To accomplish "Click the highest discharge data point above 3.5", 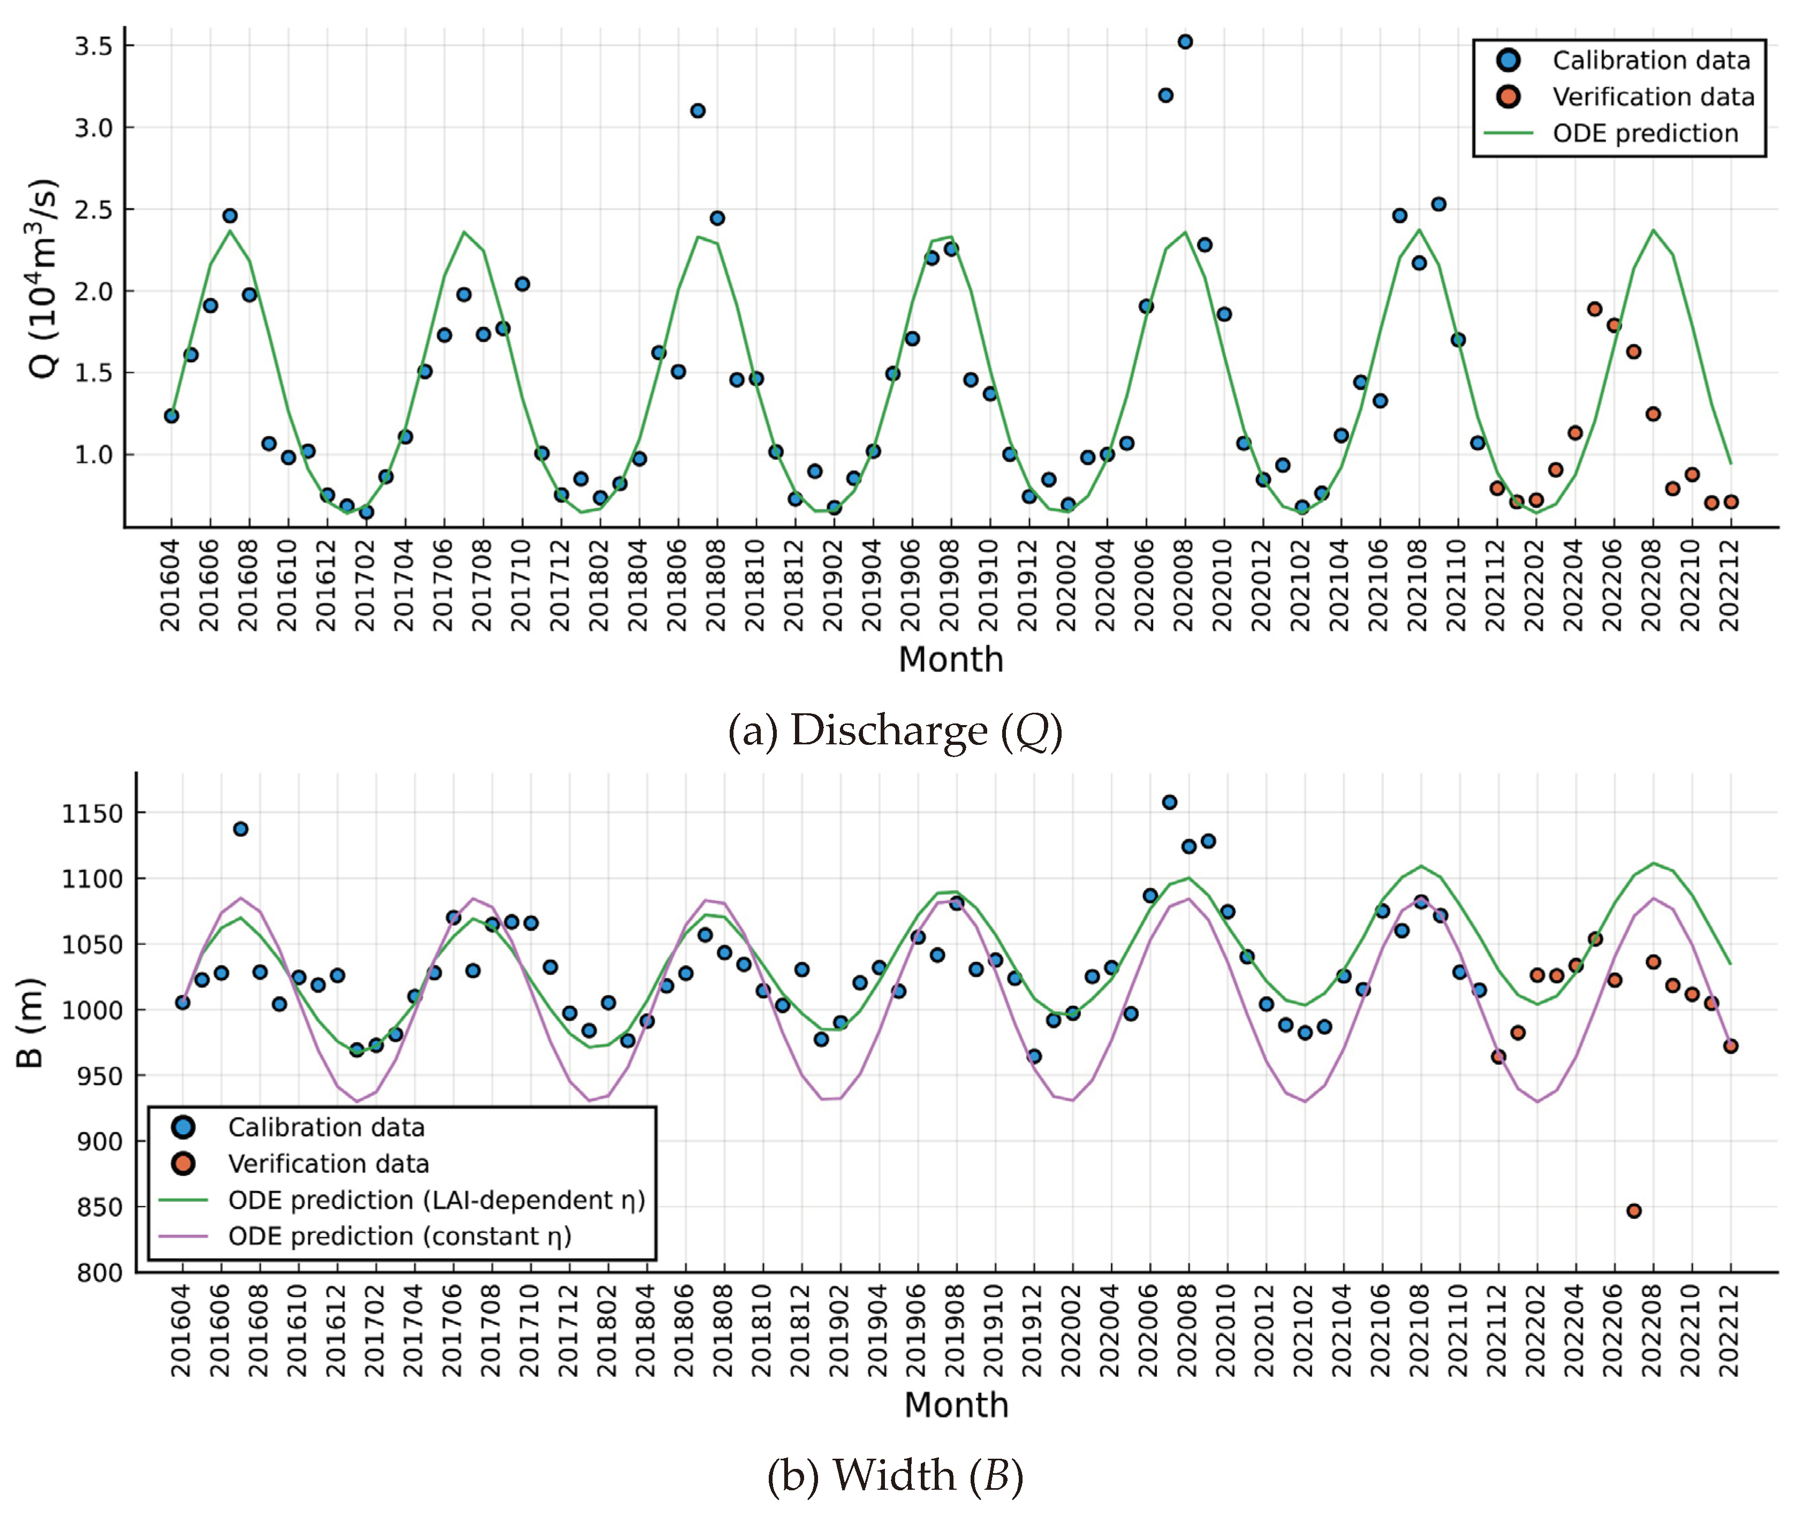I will [1185, 41].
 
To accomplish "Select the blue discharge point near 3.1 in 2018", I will [698, 111].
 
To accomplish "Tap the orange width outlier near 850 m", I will [1633, 1211].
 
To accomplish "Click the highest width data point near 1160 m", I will [1170, 802].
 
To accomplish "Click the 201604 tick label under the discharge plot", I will [171, 584].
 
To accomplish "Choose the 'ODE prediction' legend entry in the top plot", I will [1645, 133].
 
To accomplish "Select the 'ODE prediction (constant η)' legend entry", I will [399, 1236].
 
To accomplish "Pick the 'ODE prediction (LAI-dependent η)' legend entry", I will [436, 1200].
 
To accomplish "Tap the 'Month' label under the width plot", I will [956, 1404].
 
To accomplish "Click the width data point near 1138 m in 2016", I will [240, 828].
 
